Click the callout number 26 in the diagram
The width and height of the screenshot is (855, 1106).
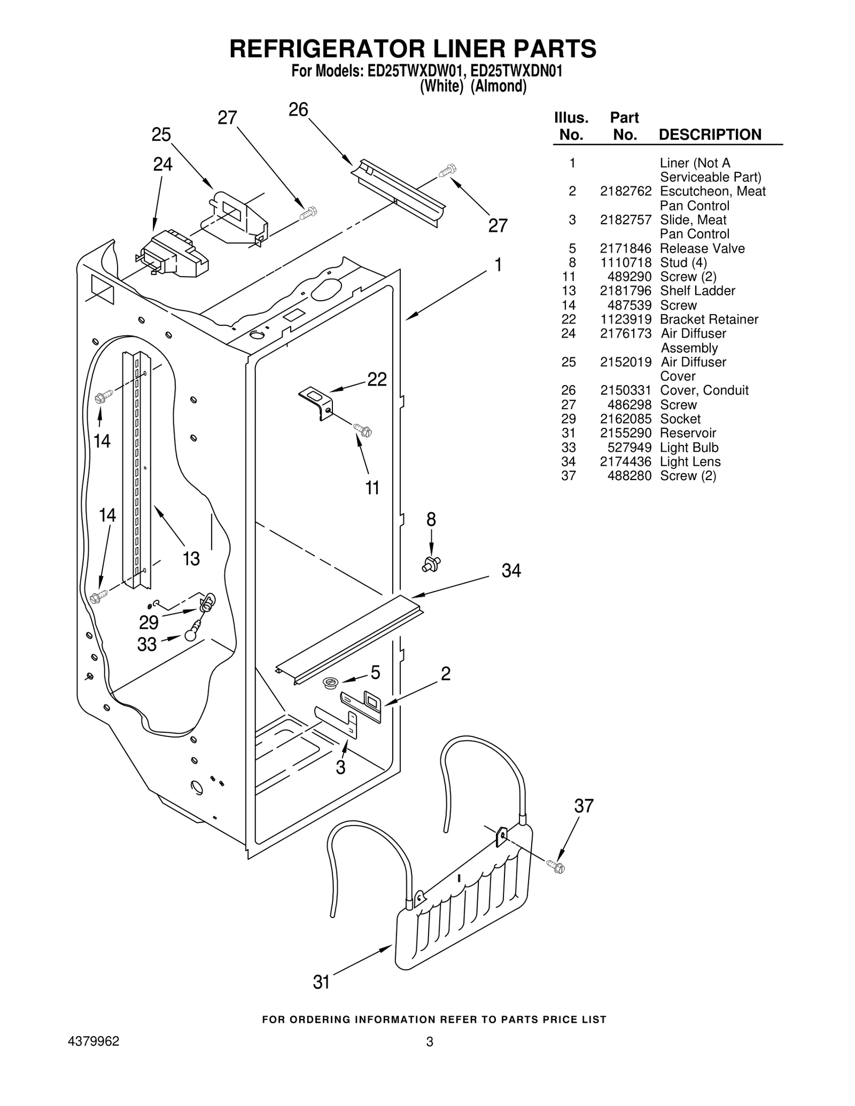pyautogui.click(x=298, y=109)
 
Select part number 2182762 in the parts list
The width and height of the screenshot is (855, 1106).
pyautogui.click(x=625, y=191)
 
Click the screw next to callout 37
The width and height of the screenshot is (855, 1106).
pyautogui.click(x=556, y=866)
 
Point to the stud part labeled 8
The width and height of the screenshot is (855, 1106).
pyautogui.click(x=431, y=564)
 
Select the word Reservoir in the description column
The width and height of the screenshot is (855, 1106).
pyautogui.click(x=688, y=433)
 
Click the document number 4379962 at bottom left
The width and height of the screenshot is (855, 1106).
pyautogui.click(x=94, y=1041)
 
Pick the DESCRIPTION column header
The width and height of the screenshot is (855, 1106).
pyautogui.click(x=710, y=135)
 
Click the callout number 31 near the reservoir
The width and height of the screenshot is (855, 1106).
pyautogui.click(x=321, y=982)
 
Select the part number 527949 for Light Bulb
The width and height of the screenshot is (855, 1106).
pyautogui.click(x=629, y=448)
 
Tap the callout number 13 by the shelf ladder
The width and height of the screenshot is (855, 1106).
pyautogui.click(x=191, y=559)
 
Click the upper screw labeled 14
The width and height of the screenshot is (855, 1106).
pyautogui.click(x=102, y=397)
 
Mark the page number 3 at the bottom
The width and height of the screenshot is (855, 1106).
pyautogui.click(x=429, y=1042)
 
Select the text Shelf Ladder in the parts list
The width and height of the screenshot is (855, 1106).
pyautogui.click(x=697, y=291)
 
